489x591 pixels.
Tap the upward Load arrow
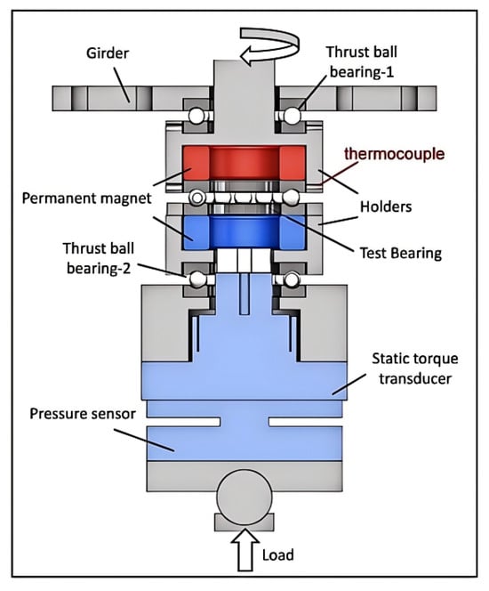click(245, 549)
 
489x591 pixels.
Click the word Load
click(277, 555)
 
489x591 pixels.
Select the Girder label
click(108, 53)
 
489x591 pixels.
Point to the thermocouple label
click(394, 154)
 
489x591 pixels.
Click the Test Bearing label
click(401, 253)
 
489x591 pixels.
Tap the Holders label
click(386, 206)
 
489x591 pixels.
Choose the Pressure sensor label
click(83, 414)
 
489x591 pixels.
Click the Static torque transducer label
click(415, 368)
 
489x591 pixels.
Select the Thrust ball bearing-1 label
click(361, 61)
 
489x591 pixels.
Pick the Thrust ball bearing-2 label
click(99, 258)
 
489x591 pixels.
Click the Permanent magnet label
click(86, 198)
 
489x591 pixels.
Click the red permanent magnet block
click(244, 163)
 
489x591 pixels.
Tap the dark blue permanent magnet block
click(244, 232)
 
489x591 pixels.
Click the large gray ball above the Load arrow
click(244, 498)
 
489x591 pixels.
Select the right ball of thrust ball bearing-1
click(292, 116)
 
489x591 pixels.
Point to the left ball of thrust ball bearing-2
click(196, 279)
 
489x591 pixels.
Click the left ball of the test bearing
click(196, 198)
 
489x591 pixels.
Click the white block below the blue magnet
click(244, 261)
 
